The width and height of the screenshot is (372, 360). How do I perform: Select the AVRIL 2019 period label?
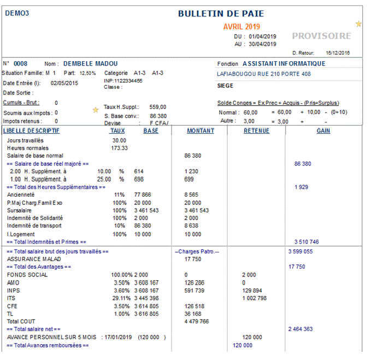241,26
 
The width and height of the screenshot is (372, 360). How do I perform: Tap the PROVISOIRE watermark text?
321,36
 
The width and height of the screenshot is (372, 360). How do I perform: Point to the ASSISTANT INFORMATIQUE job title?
284,64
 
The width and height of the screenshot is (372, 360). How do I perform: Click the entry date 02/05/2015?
64,84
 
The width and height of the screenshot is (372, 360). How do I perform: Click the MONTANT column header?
200,131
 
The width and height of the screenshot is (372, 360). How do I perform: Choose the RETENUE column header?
256,131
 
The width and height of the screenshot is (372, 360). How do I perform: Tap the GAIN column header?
323,131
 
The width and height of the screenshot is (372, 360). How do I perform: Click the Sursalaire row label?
19,210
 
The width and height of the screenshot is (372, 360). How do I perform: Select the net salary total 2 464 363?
300,329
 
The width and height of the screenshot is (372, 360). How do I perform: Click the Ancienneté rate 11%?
119,194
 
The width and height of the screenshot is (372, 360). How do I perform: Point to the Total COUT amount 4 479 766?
197,321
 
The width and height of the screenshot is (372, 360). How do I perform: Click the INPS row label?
13,290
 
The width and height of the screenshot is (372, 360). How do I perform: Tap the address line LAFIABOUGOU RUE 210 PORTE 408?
264,74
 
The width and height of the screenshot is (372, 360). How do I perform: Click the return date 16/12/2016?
338,53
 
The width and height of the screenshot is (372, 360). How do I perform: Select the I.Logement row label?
21,234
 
